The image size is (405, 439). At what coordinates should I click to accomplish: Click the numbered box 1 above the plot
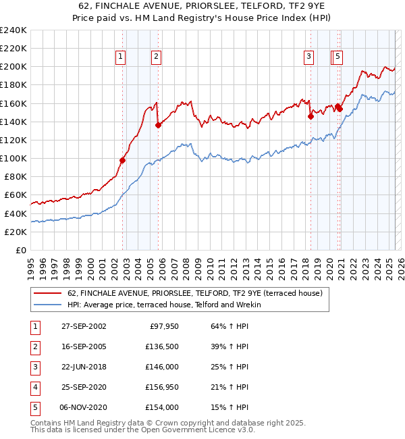[120, 57]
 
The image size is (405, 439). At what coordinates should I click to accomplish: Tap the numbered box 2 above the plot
[156, 57]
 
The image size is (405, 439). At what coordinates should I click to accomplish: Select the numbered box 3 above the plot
[308, 57]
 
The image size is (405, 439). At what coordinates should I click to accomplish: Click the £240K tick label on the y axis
[14, 30]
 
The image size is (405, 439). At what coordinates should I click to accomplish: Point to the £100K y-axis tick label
[14, 158]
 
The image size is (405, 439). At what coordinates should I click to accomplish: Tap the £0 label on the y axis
[20, 250]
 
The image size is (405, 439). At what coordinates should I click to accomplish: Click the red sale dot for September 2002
[123, 160]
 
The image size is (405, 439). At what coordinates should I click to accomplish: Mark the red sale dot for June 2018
[311, 116]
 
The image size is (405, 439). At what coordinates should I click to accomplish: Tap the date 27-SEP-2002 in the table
[83, 326]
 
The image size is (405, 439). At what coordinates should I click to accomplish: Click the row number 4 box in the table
[34, 387]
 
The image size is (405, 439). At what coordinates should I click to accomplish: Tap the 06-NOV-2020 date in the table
[83, 407]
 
